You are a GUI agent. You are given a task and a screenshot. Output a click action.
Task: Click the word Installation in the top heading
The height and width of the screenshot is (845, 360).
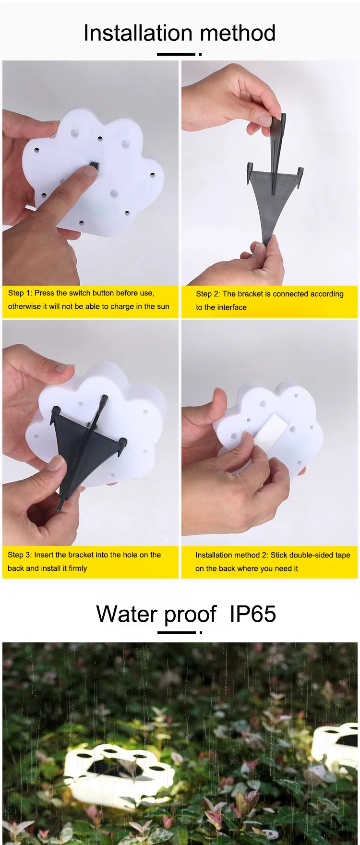point(139,33)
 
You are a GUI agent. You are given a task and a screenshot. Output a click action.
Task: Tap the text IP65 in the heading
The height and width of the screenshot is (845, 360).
point(253,614)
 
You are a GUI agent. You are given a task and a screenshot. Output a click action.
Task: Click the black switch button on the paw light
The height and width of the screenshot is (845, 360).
point(93,166)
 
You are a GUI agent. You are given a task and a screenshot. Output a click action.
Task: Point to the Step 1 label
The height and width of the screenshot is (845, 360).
point(20,293)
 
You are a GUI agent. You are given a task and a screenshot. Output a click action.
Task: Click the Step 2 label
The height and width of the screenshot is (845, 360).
point(208,294)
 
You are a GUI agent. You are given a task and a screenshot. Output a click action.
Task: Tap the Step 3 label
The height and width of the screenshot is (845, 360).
point(20,555)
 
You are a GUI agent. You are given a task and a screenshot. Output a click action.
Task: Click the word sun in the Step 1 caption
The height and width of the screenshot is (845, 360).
point(163,306)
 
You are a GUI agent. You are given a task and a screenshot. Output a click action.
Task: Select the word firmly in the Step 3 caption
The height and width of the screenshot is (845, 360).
point(78,568)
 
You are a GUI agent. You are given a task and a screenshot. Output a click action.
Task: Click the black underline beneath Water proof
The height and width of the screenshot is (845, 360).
point(176,633)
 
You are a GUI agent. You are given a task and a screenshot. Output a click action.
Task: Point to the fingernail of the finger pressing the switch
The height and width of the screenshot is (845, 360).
point(89,171)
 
